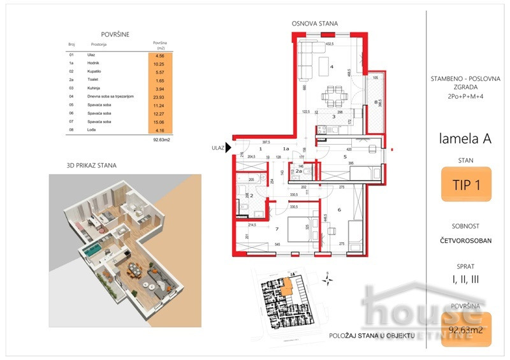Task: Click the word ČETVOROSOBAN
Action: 465,241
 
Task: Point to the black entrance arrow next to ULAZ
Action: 228,148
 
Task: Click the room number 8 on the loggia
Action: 376,101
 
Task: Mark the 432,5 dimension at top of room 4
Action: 330,44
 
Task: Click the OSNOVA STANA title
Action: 314,24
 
